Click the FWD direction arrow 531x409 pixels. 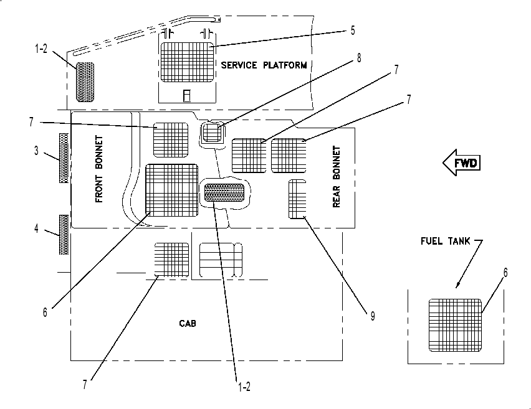[x=461, y=162]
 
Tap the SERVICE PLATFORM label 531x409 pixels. [x=264, y=65]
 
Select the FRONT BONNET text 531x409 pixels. [x=99, y=169]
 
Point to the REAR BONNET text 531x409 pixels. [x=337, y=177]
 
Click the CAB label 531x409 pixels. [x=187, y=324]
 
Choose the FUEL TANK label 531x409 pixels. [x=446, y=241]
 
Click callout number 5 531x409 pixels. [x=353, y=31]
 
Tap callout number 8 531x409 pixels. [x=359, y=58]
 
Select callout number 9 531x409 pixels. [x=373, y=316]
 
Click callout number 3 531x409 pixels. [x=36, y=151]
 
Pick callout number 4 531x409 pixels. [x=36, y=228]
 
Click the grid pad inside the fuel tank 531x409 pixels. [x=455, y=325]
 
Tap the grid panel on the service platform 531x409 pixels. [x=188, y=62]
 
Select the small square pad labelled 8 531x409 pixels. [x=213, y=132]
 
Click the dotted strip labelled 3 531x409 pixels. [x=64, y=158]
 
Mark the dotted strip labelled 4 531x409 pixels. [x=64, y=235]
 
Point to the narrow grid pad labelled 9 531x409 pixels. [x=297, y=199]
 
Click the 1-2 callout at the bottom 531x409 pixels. [x=244, y=387]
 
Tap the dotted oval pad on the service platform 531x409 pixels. [x=85, y=82]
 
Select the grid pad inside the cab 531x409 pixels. [x=171, y=260]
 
